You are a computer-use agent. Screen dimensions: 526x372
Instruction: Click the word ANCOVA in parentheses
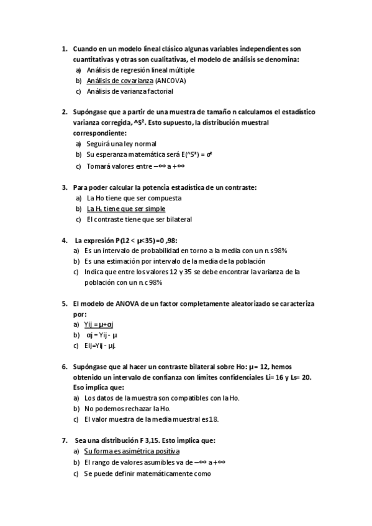171,81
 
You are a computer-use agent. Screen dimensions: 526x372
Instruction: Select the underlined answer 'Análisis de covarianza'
120,81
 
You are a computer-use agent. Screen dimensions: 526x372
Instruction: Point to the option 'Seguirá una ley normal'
121,144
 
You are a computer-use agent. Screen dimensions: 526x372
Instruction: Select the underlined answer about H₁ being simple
126,208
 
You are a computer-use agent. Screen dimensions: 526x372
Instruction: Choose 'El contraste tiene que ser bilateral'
140,219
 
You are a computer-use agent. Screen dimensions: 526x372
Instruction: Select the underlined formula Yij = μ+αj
101,324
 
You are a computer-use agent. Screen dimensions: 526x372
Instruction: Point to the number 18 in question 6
212,419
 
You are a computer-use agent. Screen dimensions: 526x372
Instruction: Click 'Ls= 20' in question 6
299,377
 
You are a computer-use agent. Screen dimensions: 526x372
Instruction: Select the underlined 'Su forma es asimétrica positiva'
132,452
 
